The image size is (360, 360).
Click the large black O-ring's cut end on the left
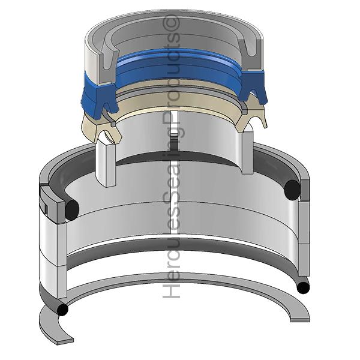72,209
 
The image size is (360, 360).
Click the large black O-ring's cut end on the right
292,190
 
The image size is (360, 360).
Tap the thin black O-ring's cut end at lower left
62,310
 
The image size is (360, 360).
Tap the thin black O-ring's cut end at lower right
303,287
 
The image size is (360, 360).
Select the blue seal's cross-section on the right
253,86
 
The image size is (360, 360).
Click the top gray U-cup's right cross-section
251,55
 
